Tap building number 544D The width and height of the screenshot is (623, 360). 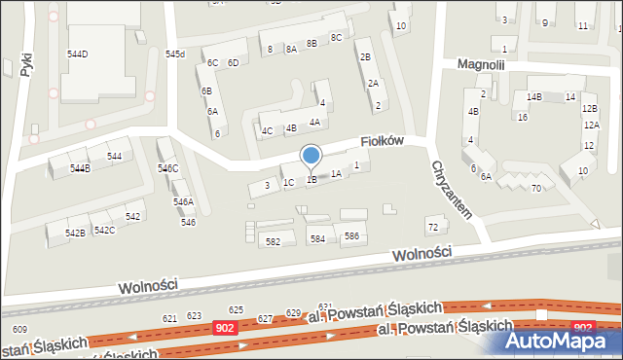pos(77,54)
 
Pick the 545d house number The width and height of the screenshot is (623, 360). pos(175,54)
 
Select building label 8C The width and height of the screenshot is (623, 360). pos(337,37)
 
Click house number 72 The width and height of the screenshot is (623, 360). pos(433,227)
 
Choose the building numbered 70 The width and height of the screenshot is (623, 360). pos(535,188)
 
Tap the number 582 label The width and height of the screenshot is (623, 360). pos(273,241)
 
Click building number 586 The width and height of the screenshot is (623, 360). pos(351,236)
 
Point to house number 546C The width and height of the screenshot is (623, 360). pos(168,169)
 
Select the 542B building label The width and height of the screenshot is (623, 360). pos(75,234)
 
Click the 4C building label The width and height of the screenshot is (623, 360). pos(267,130)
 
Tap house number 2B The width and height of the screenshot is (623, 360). pos(365,57)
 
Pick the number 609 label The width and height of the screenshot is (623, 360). pos(19,331)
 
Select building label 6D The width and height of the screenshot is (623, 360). pos(234,63)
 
